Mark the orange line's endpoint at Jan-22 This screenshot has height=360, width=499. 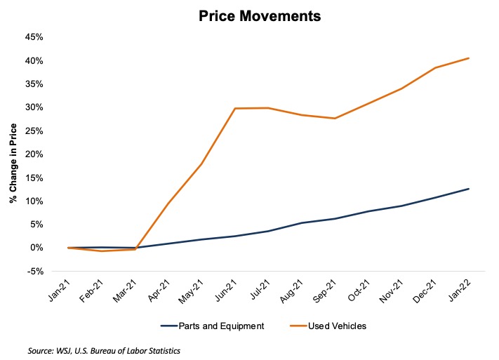(469, 58)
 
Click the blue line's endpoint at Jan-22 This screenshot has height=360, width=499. (469, 189)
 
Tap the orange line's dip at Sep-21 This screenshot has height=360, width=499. (334, 119)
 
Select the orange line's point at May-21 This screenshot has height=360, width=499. (201, 164)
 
